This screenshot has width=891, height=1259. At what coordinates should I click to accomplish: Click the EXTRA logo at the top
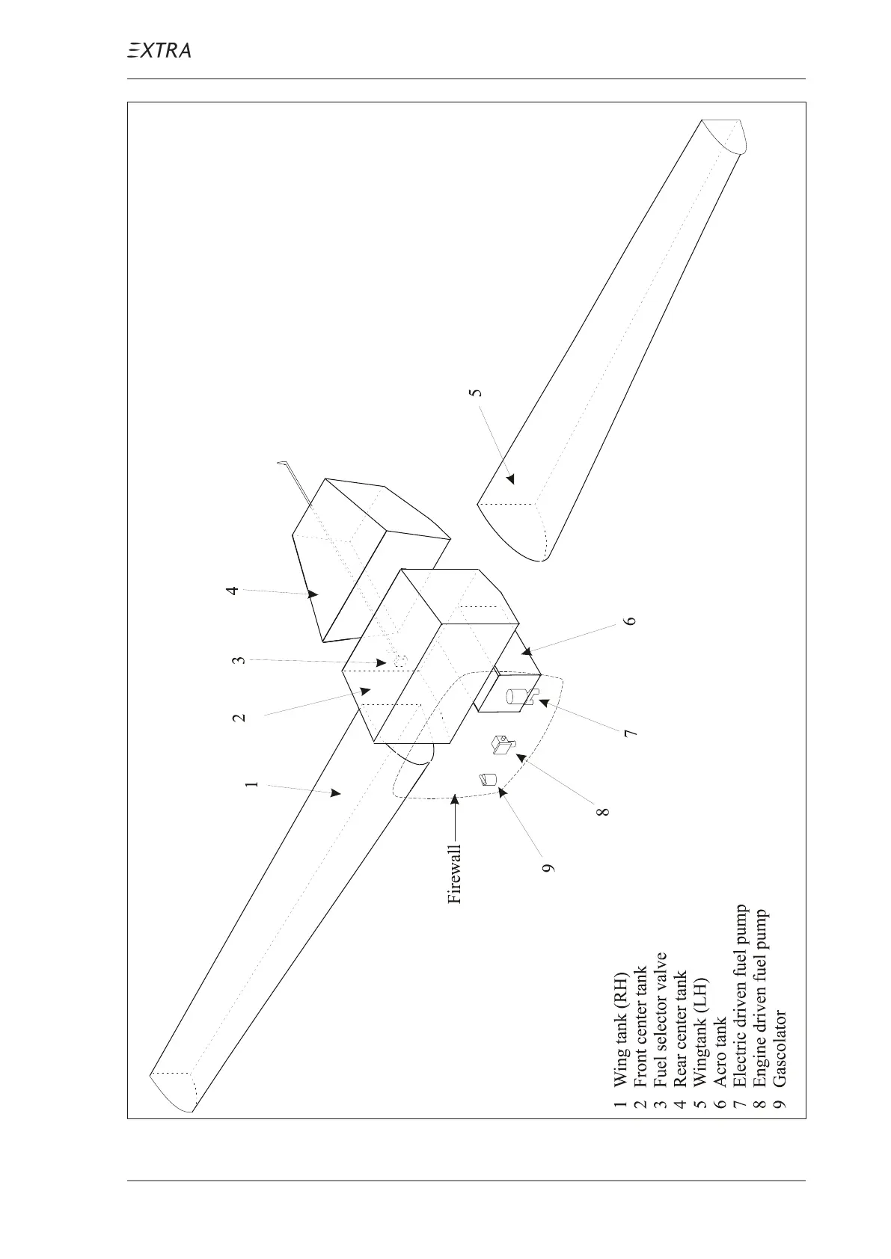click(x=158, y=50)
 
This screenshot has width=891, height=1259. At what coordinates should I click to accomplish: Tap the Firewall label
click(x=455, y=874)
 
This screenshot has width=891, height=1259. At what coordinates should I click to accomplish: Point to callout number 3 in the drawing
click(x=238, y=660)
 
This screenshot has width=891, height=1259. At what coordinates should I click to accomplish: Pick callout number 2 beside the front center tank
click(x=239, y=716)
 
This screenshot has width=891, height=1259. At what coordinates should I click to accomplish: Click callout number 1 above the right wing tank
click(x=252, y=784)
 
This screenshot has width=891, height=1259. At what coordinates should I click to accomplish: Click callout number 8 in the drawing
click(x=604, y=810)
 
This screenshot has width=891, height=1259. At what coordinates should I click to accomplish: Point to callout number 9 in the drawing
click(x=549, y=867)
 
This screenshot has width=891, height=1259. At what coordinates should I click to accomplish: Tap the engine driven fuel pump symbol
click(x=501, y=745)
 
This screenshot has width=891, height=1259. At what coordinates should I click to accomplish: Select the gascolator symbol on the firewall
click(x=487, y=779)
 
